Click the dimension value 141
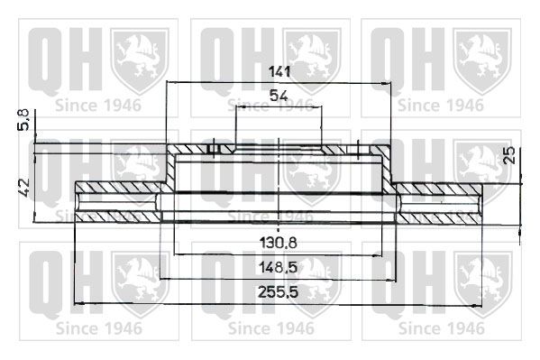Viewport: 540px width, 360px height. pos(279,72)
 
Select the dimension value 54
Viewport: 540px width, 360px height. pos(279,96)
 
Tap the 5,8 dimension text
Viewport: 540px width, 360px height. pos(23,119)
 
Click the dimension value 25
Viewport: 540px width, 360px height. pos(508,155)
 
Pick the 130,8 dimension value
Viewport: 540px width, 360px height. pos(279,244)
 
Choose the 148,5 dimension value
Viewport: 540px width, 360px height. pos(279,267)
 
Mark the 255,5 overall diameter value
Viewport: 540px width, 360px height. pos(279,292)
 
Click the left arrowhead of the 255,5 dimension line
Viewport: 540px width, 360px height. pos(79,304)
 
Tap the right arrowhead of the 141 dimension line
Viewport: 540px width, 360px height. pos(386,83)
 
